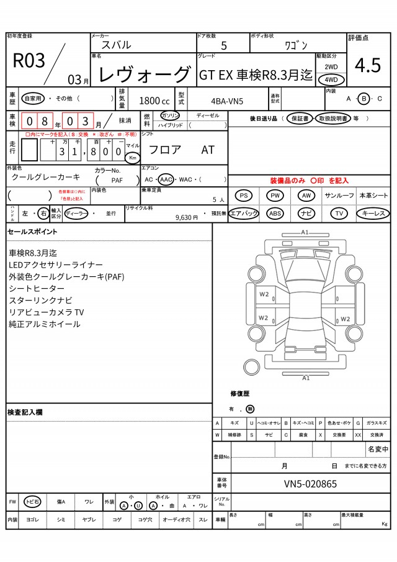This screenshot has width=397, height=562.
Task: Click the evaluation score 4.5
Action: click(x=367, y=66)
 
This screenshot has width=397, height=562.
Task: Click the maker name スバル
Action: click(x=116, y=45)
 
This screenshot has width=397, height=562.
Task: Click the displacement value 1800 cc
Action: click(x=154, y=101)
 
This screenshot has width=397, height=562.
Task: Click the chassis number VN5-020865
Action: click(x=311, y=484)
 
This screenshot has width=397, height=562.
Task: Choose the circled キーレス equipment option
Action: click(x=373, y=213)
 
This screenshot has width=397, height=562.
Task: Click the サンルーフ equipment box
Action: click(x=339, y=196)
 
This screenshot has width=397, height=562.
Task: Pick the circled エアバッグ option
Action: click(x=244, y=213)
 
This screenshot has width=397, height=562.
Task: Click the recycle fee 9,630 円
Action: click(x=186, y=217)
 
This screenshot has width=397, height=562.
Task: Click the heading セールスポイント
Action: click(x=32, y=232)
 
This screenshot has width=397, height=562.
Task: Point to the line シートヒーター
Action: click(x=37, y=289)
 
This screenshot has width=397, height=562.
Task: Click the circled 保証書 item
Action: click(x=299, y=118)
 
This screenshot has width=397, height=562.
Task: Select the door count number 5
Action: click(x=223, y=45)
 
